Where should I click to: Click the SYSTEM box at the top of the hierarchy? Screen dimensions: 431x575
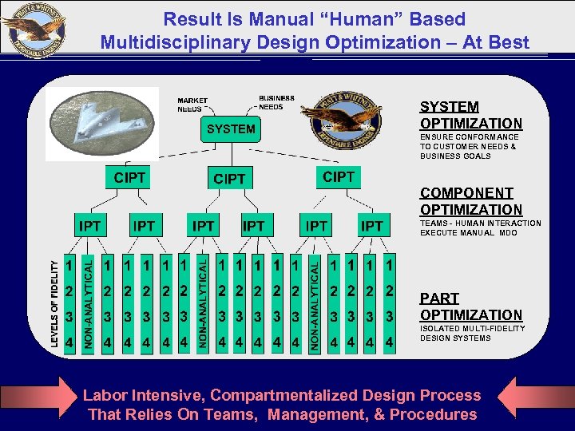231,129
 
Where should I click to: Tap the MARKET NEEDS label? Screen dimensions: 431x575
192,105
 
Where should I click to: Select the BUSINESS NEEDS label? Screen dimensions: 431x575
276,102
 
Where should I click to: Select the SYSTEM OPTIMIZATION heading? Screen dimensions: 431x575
471,115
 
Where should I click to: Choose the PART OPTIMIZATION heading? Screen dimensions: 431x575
471,306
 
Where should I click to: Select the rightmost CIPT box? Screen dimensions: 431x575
338,176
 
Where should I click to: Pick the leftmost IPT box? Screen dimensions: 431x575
89,227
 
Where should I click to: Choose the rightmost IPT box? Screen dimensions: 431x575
371,227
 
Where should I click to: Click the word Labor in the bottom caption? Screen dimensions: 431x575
105,395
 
